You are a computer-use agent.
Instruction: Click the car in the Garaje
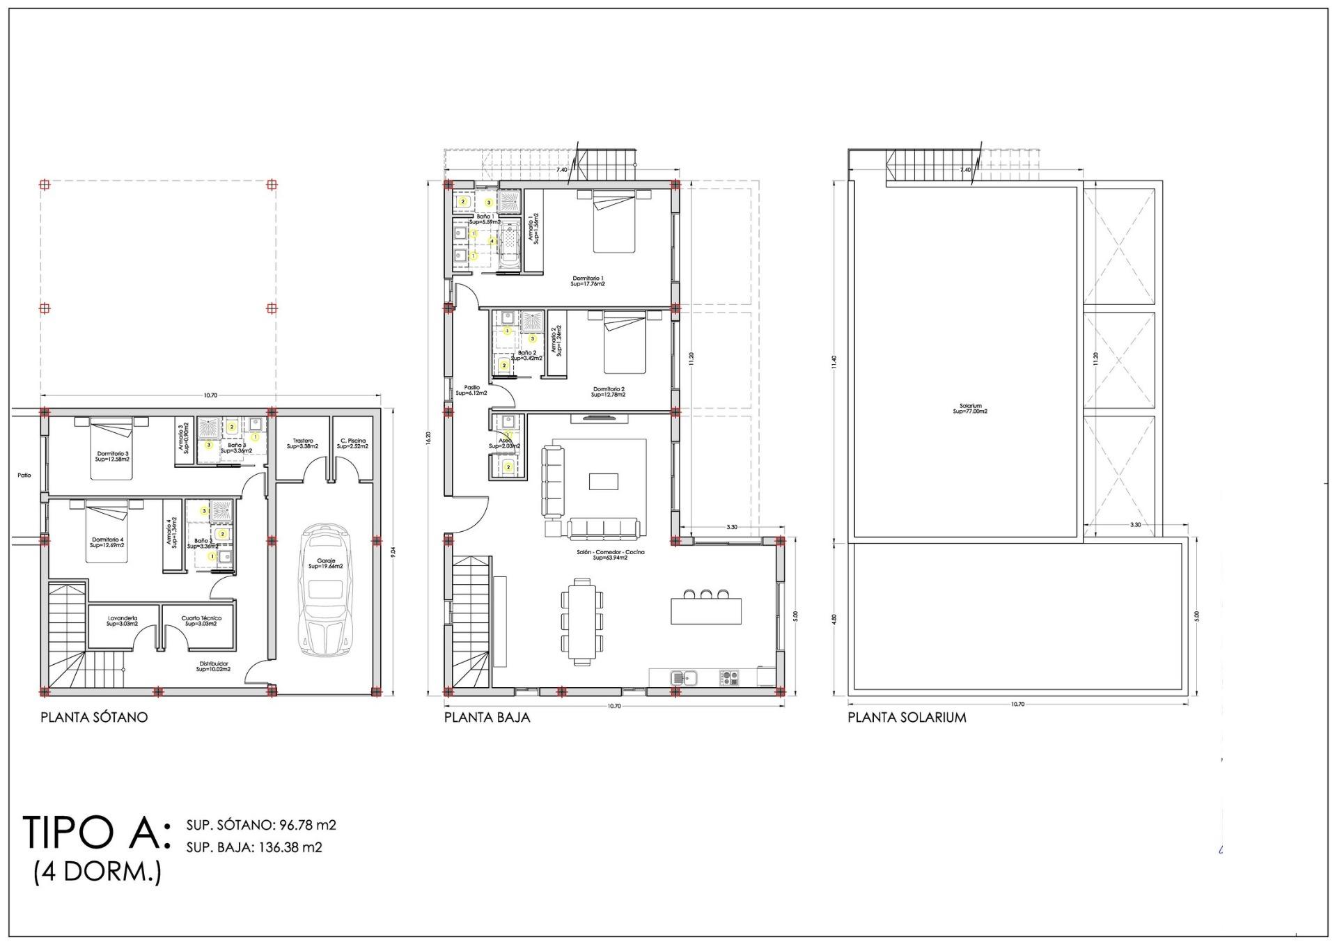point(325,590)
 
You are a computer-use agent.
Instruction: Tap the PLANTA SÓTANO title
point(94,717)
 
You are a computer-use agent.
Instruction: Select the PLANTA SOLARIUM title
point(907,717)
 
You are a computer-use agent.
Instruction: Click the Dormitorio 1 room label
point(587,281)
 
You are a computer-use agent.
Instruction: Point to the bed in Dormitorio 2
point(625,343)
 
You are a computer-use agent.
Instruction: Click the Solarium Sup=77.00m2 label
point(970,409)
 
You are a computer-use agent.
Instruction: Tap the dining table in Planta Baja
point(582,620)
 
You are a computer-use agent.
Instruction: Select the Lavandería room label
point(123,621)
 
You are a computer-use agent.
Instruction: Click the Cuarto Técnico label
point(201,621)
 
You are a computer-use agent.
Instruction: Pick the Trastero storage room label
point(303,443)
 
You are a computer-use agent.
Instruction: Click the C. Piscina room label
point(352,443)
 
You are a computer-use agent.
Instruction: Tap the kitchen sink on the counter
point(684,677)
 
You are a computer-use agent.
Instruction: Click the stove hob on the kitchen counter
point(729,677)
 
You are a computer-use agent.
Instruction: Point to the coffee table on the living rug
point(603,482)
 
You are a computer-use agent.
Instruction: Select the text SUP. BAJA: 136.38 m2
point(254,847)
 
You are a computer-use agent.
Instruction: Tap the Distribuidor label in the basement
point(213,666)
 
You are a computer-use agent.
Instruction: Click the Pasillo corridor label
point(471,390)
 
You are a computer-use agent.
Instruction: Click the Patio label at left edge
point(24,475)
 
